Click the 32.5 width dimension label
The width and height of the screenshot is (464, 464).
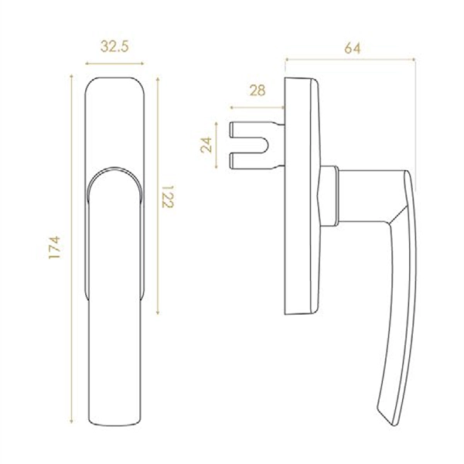coord(114,46)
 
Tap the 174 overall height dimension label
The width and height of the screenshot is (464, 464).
coord(54,247)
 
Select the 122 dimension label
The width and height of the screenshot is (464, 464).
coord(168,196)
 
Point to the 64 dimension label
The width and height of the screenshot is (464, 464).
coord(353,48)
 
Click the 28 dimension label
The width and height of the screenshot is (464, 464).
coord(258,90)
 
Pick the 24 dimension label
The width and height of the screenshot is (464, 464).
coord(206,145)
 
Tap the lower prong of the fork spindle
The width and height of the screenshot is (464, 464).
coord(254,161)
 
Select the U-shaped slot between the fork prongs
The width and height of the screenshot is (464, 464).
coord(251,145)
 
